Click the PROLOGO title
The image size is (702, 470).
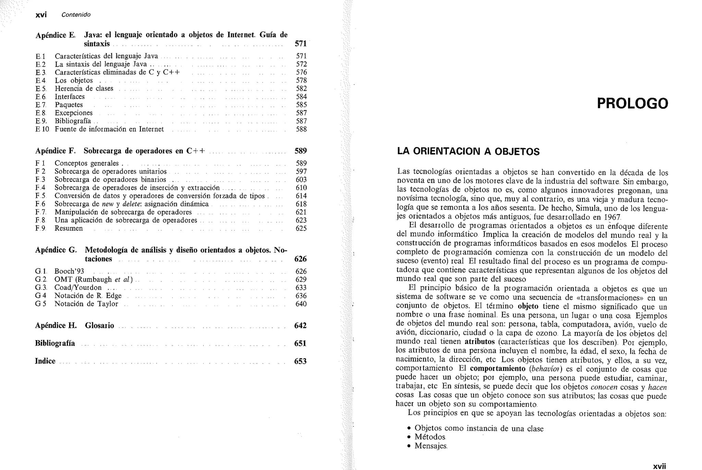(632, 103)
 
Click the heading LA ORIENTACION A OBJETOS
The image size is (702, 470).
(468, 151)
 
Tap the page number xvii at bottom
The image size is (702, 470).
(659, 466)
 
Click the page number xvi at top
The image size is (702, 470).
(41, 15)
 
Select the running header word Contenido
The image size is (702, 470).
(76, 15)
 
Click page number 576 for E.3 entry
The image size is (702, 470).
(301, 72)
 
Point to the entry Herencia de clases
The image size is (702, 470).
(84, 88)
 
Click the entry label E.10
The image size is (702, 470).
(42, 129)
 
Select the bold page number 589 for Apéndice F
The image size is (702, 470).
(301, 151)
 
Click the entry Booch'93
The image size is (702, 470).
(69, 271)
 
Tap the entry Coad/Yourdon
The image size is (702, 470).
(78, 287)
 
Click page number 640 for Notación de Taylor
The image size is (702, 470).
(301, 304)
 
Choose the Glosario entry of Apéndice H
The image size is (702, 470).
(99, 325)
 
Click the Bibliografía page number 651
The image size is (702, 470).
(300, 344)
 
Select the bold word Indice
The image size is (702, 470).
(45, 361)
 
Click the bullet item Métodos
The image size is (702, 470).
(430, 437)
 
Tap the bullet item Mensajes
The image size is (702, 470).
(431, 446)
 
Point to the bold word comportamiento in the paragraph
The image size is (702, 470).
(497, 369)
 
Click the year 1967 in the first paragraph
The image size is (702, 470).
(612, 217)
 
